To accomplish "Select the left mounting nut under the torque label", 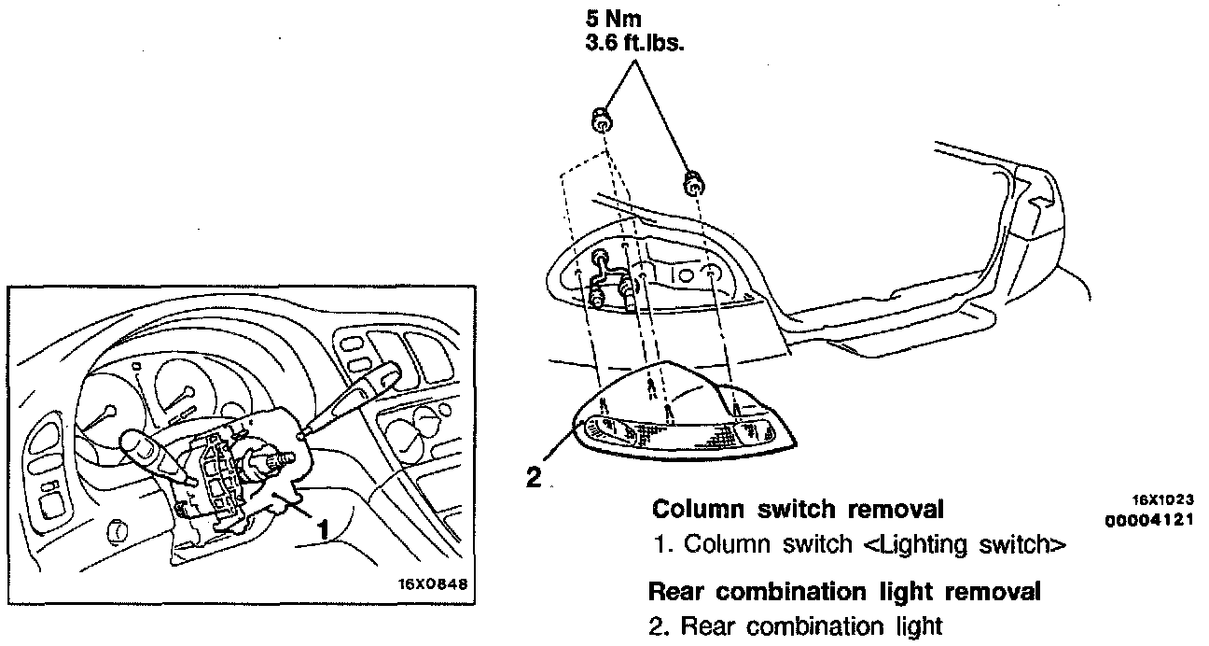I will click(x=602, y=119).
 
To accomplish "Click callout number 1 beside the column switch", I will click(x=324, y=529).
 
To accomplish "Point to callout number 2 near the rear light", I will click(x=534, y=478).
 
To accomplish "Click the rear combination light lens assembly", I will click(x=687, y=420).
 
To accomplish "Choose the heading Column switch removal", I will click(x=798, y=510).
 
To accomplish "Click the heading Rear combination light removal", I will click(x=844, y=592).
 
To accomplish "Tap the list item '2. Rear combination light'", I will click(x=796, y=625).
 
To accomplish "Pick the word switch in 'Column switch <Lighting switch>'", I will click(x=820, y=545).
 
